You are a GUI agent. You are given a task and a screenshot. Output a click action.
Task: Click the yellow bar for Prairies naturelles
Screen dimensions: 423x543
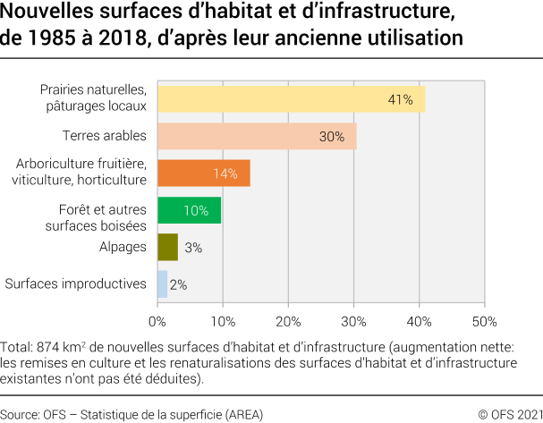pos(291,98)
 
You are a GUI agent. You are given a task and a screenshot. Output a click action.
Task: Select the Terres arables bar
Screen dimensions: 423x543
pos(257,136)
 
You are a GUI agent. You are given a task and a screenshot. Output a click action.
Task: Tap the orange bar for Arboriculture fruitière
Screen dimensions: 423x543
pos(203,173)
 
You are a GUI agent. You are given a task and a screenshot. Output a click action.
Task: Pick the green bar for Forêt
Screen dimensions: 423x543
pos(189,210)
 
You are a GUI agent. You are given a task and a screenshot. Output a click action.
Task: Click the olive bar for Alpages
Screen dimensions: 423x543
pos(167,247)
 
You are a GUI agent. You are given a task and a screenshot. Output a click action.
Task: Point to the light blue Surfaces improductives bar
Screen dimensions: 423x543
pos(162,283)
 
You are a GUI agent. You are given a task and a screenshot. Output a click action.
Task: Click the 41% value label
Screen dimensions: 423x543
pos(400,99)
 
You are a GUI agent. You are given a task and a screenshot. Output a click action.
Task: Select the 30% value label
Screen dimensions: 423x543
pos(332,136)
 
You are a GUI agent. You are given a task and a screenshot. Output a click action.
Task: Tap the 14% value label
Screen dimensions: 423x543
pos(225,173)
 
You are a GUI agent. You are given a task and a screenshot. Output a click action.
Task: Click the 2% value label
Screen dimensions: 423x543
pos(178,284)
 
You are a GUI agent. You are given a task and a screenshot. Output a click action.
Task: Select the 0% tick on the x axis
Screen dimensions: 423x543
pos(157,321)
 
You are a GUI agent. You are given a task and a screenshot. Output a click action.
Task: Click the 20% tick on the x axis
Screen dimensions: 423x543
pos(288,321)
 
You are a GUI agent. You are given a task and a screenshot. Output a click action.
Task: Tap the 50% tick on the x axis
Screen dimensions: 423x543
pos(484,321)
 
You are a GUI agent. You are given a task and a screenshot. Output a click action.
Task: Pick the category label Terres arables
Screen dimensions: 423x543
pos(104,136)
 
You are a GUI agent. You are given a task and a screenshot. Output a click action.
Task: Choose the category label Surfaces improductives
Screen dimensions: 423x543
pos(76,283)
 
